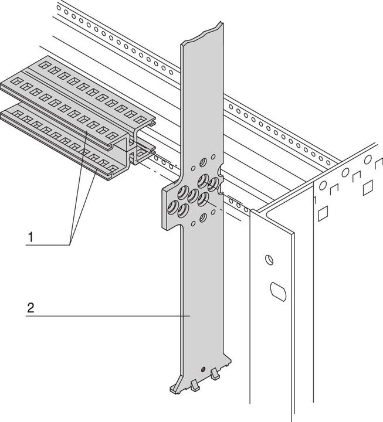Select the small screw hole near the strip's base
point(202,370)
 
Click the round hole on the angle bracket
point(269,258)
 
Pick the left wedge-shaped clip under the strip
point(193,384)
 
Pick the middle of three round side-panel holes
point(345,172)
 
